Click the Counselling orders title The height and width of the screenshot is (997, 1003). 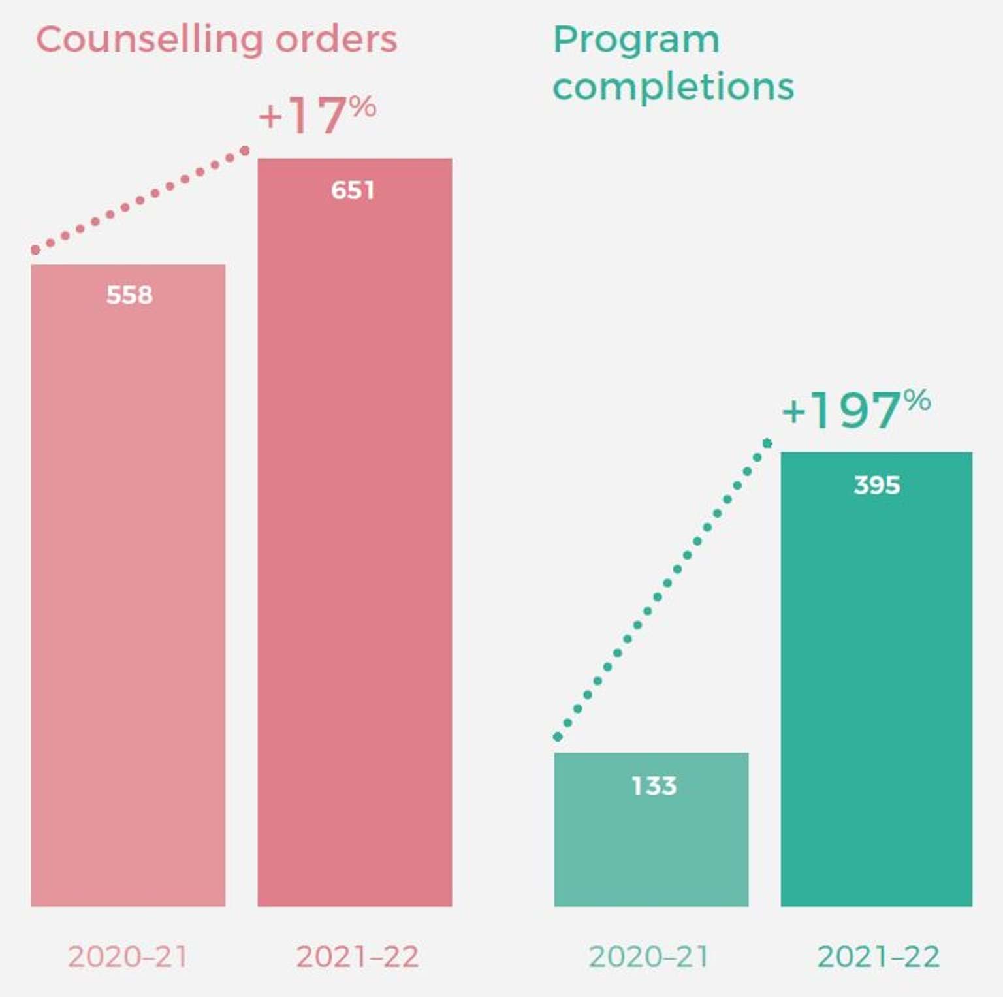point(216,40)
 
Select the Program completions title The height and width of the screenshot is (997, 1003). point(673,63)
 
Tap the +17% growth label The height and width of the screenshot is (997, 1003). point(317,115)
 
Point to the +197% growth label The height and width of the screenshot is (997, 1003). point(855,409)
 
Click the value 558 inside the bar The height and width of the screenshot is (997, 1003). point(129,295)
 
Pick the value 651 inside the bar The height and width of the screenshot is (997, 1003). point(353,191)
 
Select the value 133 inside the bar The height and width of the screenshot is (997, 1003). point(654,785)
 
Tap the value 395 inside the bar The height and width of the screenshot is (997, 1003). point(876,485)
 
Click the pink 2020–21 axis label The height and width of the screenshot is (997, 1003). point(128,957)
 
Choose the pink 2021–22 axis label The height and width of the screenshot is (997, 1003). point(357,957)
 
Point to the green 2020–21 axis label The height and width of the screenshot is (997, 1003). point(648,957)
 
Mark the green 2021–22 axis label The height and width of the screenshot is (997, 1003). point(878,957)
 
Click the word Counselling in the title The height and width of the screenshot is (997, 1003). point(149,40)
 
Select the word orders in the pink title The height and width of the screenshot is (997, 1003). point(336,39)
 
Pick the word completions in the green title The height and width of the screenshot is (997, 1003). point(673,87)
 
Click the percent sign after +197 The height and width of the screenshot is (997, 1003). point(917,400)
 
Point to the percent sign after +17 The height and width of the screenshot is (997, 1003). point(362,105)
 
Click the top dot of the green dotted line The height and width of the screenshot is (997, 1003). point(767,443)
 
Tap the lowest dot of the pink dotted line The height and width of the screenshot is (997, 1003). point(35,250)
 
